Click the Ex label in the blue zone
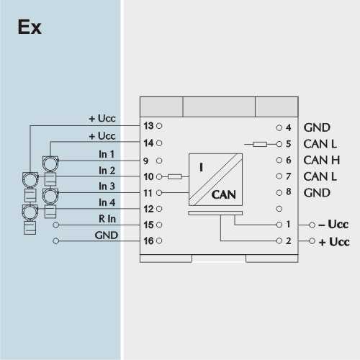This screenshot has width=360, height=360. pyautogui.click(x=30, y=27)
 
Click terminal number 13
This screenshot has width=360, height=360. pyautogui.click(x=148, y=126)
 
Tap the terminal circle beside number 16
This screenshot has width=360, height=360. pyautogui.click(x=159, y=240)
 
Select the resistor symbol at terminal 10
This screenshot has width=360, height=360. pyautogui.click(x=175, y=177)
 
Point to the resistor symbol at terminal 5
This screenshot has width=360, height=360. pyautogui.click(x=260, y=144)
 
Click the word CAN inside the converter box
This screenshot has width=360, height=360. pyautogui.click(x=223, y=194)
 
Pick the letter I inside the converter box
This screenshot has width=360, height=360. pyautogui.click(x=201, y=167)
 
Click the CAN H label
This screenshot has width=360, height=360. pyautogui.click(x=322, y=160)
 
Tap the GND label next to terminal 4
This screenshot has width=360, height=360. pyautogui.click(x=317, y=127)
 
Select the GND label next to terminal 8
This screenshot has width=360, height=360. pyautogui.click(x=317, y=193)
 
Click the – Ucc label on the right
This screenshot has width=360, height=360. pyautogui.click(x=333, y=225)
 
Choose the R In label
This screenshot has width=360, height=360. pyautogui.click(x=107, y=219)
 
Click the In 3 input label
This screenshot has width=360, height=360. pyautogui.click(x=107, y=186)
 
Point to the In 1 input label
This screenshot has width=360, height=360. pyautogui.click(x=107, y=154)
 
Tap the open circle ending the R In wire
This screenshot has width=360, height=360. pyautogui.click(x=55, y=225)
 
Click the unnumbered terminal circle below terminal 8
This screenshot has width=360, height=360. pyautogui.click(x=279, y=209)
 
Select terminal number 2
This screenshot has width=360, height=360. pyautogui.click(x=288, y=240)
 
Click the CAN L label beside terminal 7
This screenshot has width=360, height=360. pyautogui.click(x=320, y=176)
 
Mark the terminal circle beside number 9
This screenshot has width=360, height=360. pyautogui.click(x=159, y=161)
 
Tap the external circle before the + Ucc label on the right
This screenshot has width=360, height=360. pyautogui.click(x=312, y=240)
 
